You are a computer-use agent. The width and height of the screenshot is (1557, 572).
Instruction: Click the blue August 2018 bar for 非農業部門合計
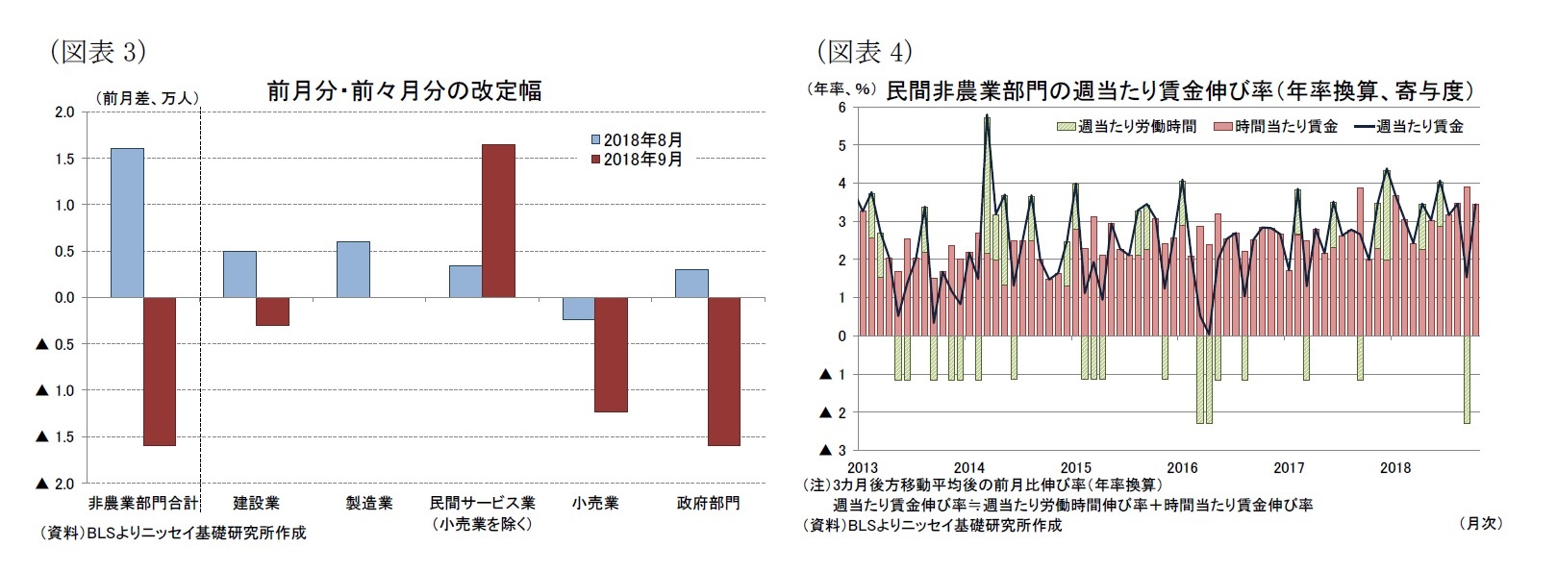pos(127,223)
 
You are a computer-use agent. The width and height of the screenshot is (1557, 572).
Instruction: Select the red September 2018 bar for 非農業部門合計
pos(160,371)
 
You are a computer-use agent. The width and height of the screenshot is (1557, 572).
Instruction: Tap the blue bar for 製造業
pos(353,269)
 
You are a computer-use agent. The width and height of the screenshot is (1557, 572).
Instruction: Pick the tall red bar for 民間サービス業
pos(498,220)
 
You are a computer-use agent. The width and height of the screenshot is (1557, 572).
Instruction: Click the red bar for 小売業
pos(611,354)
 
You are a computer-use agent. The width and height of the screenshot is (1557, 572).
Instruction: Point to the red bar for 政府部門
pos(724,371)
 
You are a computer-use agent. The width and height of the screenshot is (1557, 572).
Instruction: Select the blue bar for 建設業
pos(239,274)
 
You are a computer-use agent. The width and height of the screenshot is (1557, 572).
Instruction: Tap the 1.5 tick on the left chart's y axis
pos(63,159)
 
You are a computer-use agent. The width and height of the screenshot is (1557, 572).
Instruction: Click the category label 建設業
pos(256,503)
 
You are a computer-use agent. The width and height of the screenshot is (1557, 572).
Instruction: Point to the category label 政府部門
pos(708,503)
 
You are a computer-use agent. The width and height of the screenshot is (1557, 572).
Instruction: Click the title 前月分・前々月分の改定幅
pos(404,91)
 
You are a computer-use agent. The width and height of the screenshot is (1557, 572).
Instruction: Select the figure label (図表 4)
pos(864,51)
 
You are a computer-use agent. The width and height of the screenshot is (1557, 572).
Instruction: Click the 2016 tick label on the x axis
pos(1182,468)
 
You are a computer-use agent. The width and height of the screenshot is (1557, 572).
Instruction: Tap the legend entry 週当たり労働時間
pos(1126,126)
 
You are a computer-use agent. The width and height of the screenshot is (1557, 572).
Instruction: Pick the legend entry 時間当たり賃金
pos(1276,126)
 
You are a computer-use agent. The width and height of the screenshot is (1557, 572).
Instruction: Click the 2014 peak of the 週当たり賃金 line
pos(987,117)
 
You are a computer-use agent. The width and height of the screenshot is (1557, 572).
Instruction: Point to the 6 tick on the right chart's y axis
pos(841,108)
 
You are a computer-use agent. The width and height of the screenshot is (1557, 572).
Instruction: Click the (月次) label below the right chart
pos(1480,523)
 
